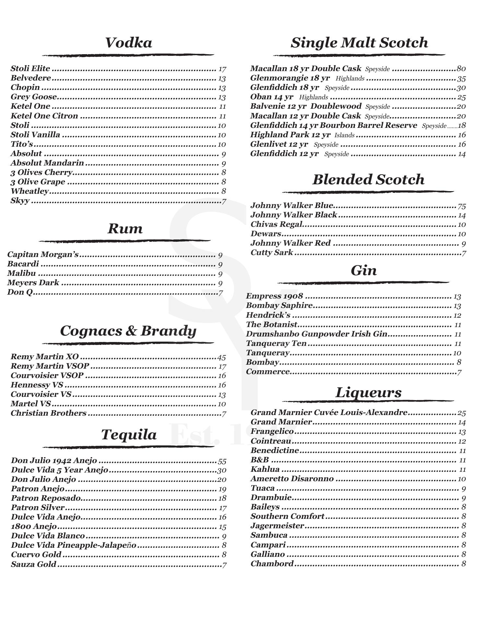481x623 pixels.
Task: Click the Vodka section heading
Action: click(x=128, y=43)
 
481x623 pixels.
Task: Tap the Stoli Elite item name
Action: click(x=30, y=68)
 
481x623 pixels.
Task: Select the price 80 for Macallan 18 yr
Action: click(x=461, y=69)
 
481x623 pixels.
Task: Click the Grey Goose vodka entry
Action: click(x=34, y=97)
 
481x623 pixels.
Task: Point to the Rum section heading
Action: click(x=125, y=229)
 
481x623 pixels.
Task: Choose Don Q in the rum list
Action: click(x=20, y=292)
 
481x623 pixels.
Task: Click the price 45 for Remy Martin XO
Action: click(x=221, y=358)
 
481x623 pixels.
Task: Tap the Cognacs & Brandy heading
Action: click(x=128, y=331)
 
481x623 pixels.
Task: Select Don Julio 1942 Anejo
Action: click(x=54, y=460)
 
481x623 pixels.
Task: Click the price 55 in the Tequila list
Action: click(x=222, y=461)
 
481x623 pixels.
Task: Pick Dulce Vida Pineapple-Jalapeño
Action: click(x=74, y=545)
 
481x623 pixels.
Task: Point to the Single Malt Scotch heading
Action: click(x=359, y=43)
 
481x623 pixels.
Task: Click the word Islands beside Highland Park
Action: click(x=344, y=135)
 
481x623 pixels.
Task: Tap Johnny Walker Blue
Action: click(x=292, y=205)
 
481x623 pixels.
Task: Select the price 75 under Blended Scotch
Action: click(x=462, y=206)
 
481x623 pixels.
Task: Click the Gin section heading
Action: click(x=364, y=271)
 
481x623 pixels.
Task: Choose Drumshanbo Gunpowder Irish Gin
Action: click(x=316, y=334)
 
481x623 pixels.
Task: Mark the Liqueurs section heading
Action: click(x=368, y=393)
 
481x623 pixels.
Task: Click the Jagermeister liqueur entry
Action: click(x=277, y=526)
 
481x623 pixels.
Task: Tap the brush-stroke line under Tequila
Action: click(x=128, y=447)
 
